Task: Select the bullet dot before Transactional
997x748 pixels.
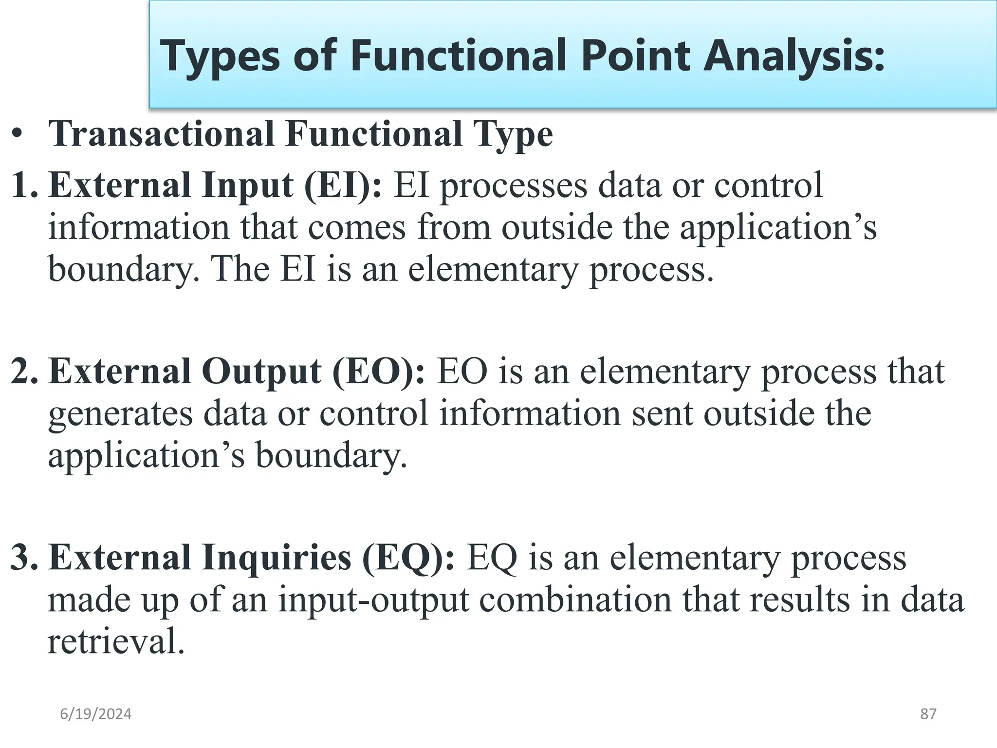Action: [18, 134]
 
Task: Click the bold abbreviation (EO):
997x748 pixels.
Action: [379, 372]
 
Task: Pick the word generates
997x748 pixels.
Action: [120, 414]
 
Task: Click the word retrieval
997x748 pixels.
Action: [116, 642]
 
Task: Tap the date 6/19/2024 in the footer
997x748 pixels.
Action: [96, 714]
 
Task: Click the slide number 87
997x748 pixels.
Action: [928, 714]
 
